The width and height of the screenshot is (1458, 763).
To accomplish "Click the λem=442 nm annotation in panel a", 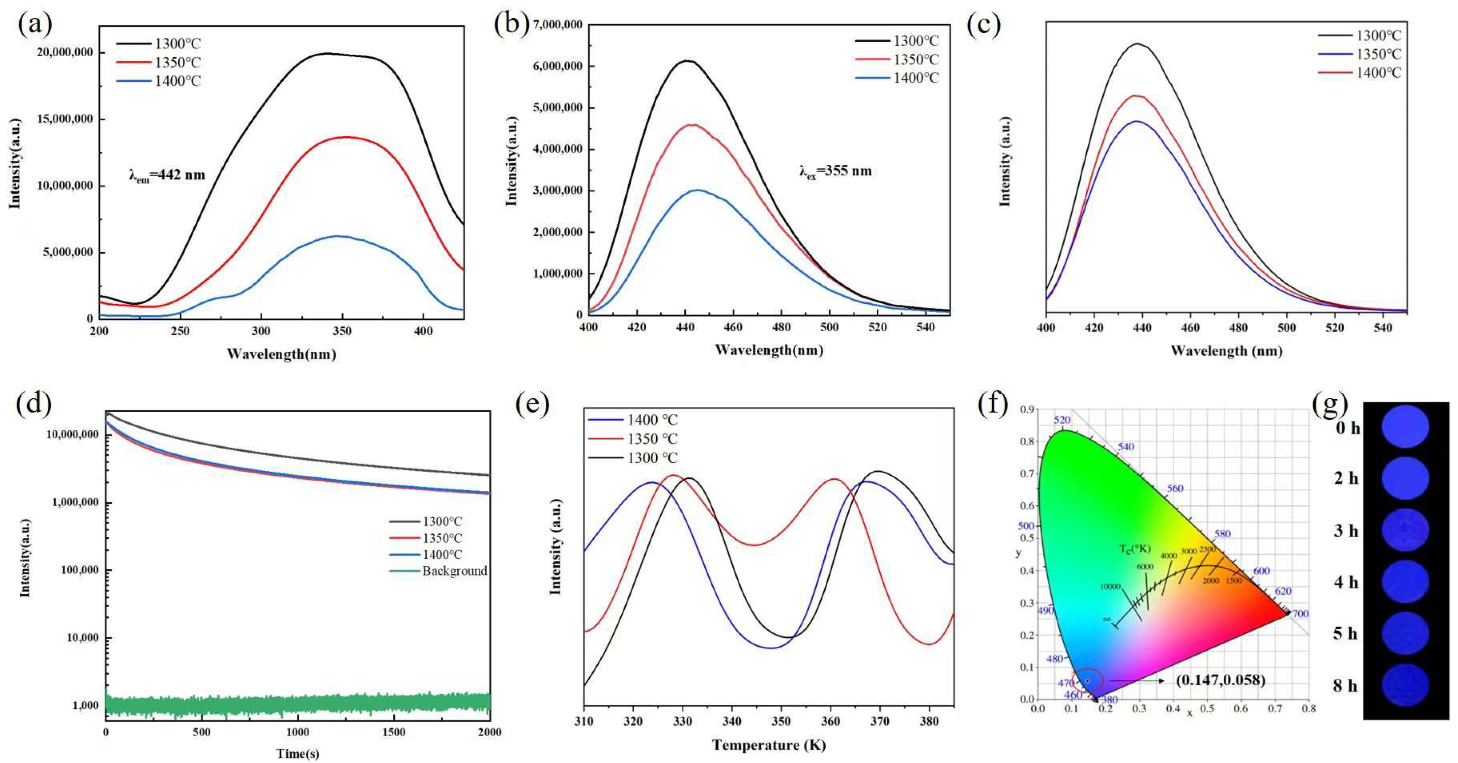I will pos(167,176).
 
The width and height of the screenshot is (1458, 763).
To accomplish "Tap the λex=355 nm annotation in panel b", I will pos(835,171).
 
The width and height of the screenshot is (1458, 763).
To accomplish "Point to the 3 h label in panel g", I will pos(1347,531).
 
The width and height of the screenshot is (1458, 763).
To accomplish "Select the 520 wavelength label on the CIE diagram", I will pos(1062,420).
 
